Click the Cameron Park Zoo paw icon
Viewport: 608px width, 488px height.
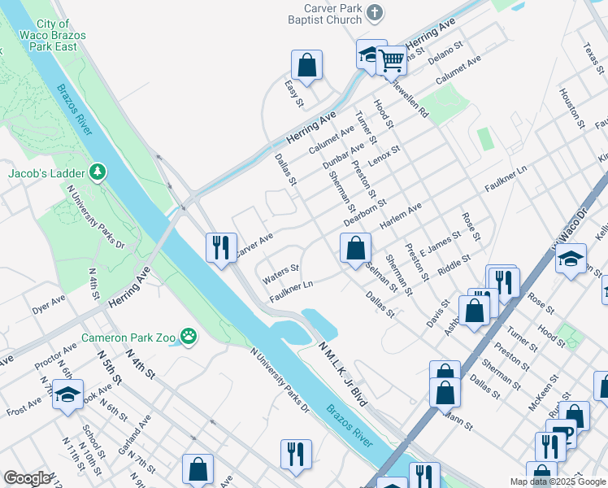click(189, 335)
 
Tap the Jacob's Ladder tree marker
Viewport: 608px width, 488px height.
click(98, 172)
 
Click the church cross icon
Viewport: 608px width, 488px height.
click(374, 12)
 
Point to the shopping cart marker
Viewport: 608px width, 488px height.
click(392, 58)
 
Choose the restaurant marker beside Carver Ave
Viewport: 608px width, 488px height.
click(222, 246)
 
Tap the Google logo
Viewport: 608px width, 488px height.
click(27, 477)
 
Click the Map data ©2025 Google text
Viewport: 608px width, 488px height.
click(558, 481)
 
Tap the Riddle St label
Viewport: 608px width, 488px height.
click(454, 264)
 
